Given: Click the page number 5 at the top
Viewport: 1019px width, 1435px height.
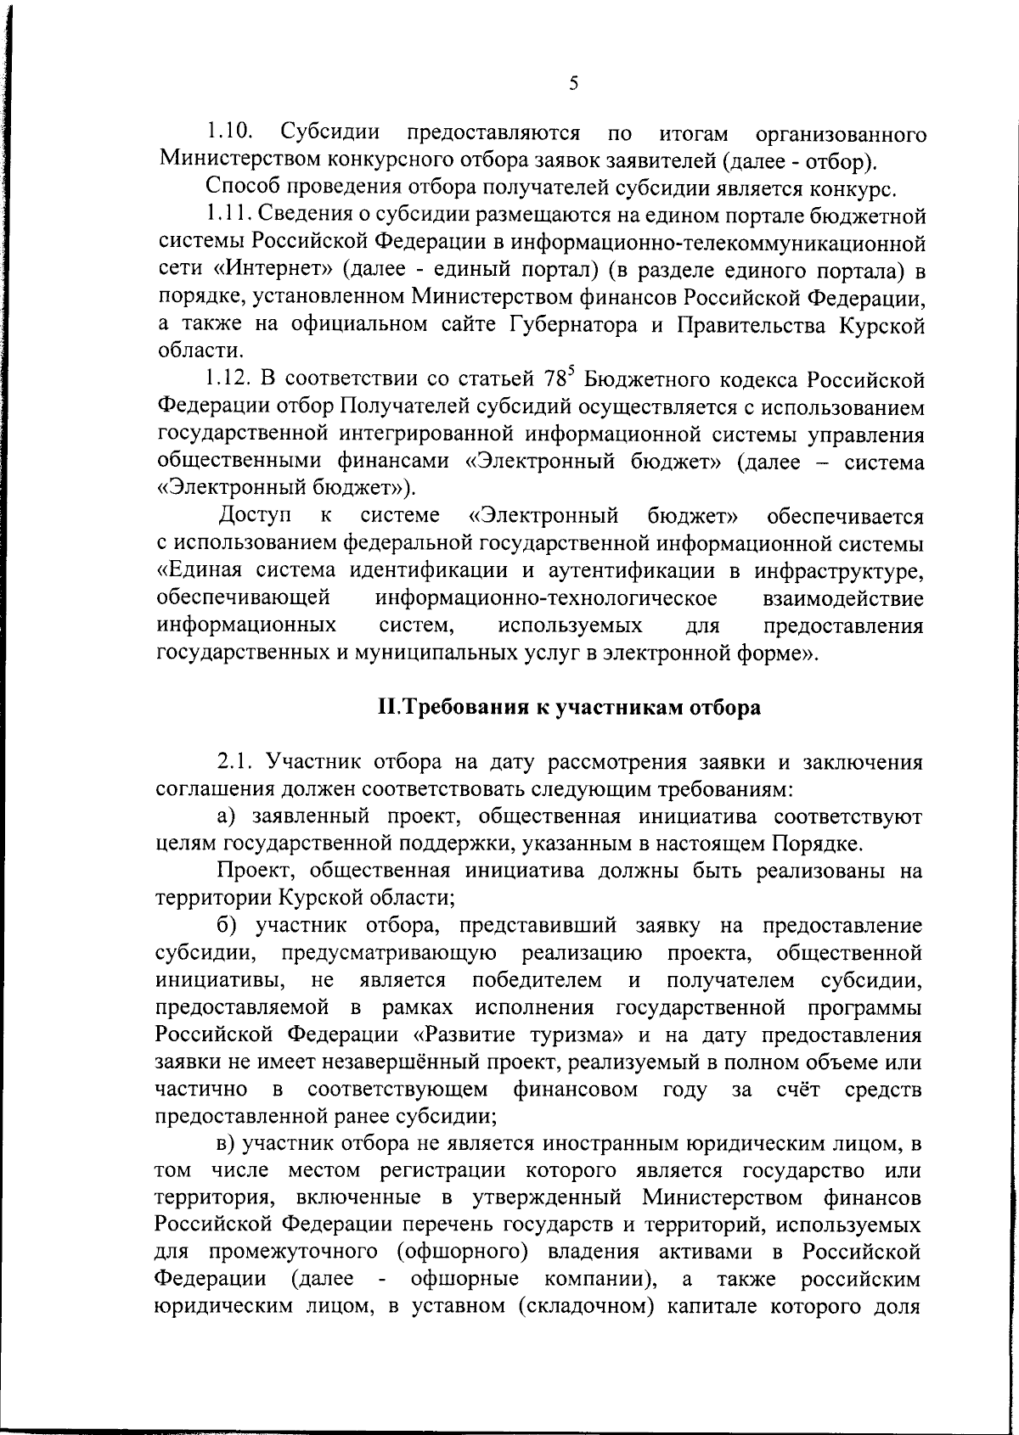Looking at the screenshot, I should click(x=573, y=83).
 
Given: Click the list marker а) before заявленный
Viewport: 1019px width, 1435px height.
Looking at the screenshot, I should click(x=226, y=816).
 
